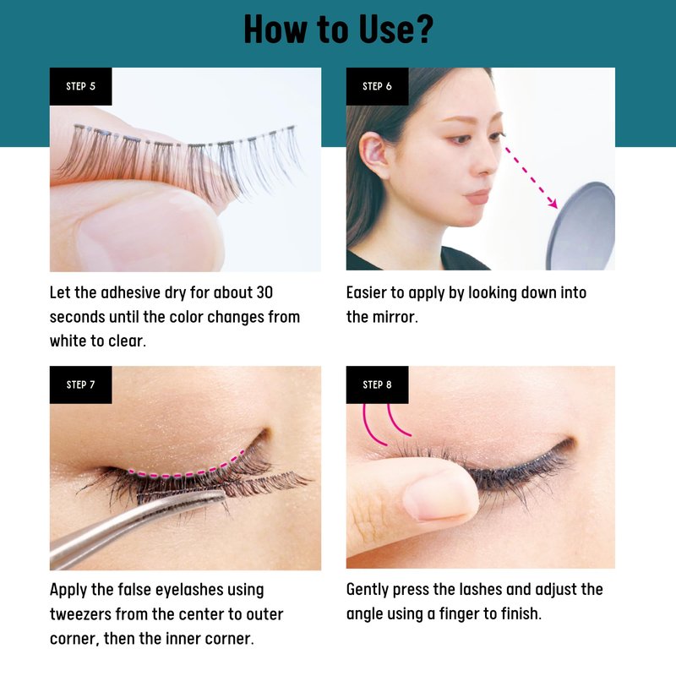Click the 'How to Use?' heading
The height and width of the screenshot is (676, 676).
pos(338,30)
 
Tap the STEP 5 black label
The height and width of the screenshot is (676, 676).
pos(80,86)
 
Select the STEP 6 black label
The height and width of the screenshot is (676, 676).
pos(377,86)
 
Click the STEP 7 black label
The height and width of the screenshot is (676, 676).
pos(80,384)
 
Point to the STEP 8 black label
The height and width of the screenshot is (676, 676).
pos(377,384)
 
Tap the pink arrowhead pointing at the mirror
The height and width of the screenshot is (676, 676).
pos(553,203)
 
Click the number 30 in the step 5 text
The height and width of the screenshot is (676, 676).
pos(264,292)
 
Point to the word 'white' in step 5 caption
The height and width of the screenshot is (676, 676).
pos(68,341)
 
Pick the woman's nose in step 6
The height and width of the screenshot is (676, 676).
pos(488,161)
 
